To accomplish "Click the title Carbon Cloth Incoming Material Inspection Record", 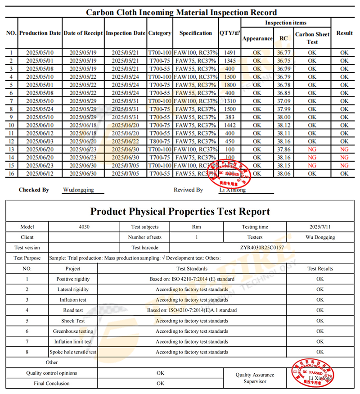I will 181,12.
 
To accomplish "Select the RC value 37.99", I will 283,109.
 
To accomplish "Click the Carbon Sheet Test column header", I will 312,38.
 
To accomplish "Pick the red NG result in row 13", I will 344,149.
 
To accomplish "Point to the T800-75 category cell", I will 160,141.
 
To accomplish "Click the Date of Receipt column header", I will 83,33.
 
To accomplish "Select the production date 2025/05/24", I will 40,109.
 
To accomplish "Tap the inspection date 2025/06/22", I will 126,141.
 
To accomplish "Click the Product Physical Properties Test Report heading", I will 180,212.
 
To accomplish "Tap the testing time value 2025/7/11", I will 319,227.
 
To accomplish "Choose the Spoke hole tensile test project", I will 73,352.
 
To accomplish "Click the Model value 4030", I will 84,227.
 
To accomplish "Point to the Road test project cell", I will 73,310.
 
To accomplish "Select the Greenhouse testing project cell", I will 73,331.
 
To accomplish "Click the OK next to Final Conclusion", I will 160,384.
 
